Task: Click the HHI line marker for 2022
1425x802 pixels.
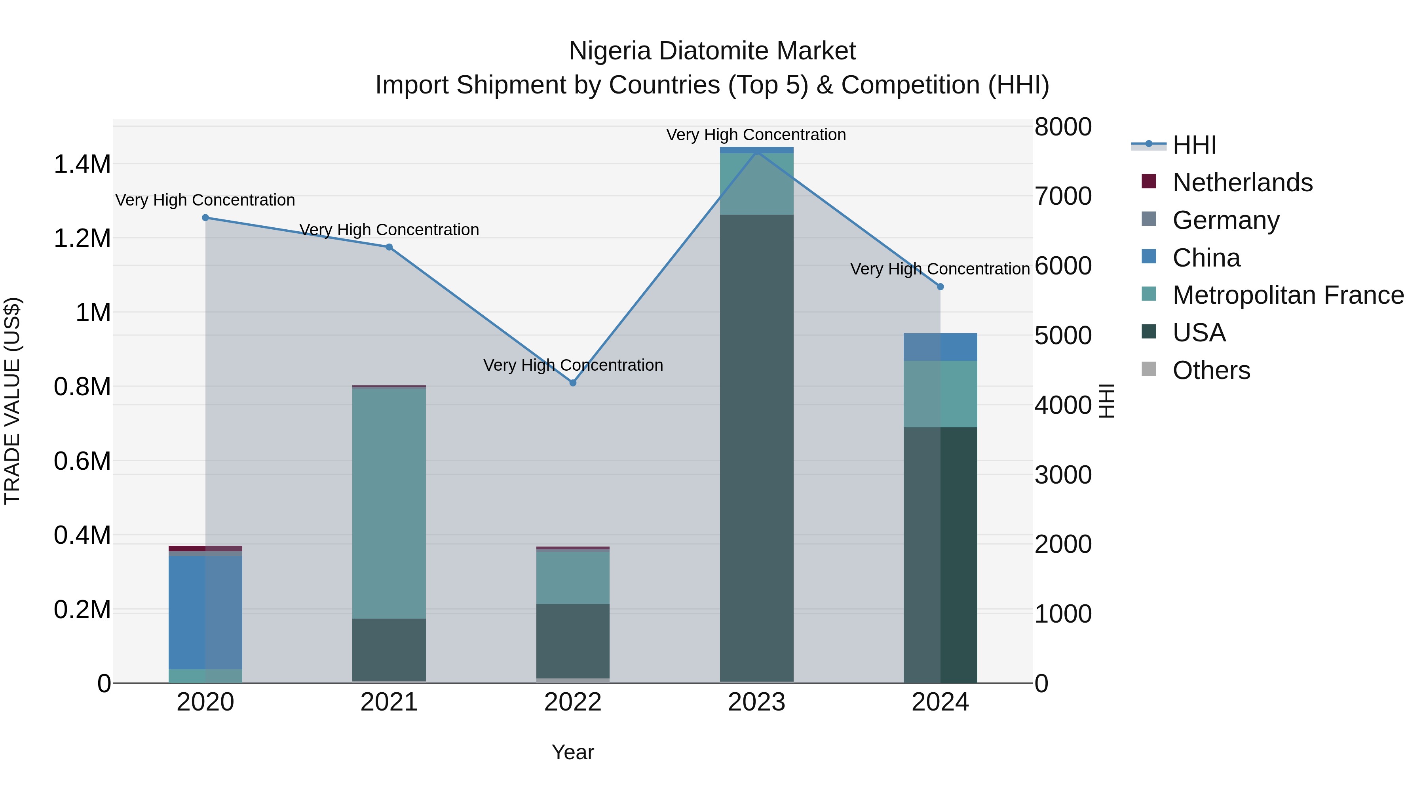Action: (x=572, y=383)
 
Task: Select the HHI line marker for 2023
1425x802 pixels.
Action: (x=757, y=150)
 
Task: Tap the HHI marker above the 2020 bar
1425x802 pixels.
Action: (x=205, y=217)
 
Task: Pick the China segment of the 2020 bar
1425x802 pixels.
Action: (x=205, y=612)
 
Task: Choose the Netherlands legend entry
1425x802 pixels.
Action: (x=1242, y=183)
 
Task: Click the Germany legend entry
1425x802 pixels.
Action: (x=1225, y=220)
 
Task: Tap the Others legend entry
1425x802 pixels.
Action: (x=1211, y=370)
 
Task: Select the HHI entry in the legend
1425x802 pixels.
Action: (x=1194, y=145)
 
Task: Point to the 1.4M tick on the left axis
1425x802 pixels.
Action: (x=82, y=164)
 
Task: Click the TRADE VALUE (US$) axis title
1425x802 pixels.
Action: (x=12, y=401)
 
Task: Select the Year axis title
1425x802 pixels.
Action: (x=572, y=752)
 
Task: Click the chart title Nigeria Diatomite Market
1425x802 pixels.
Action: (x=712, y=51)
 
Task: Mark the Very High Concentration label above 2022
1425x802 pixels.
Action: (x=572, y=365)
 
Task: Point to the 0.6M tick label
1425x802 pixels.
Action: (x=82, y=461)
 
